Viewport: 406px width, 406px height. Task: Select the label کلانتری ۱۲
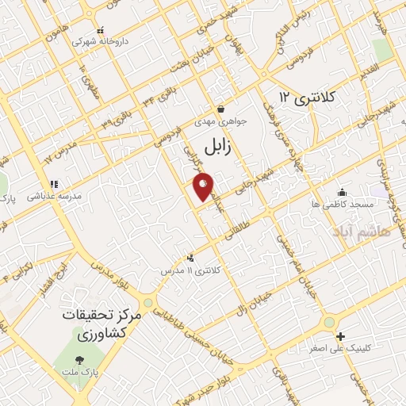click(308, 97)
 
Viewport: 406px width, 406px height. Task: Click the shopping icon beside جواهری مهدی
click(221, 109)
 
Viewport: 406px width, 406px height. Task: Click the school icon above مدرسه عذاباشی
click(54, 185)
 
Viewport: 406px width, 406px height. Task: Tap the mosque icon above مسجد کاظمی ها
click(341, 192)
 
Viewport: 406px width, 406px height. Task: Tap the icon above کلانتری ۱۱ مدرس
click(190, 258)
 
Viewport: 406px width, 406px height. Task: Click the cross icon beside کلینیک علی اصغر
click(340, 336)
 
